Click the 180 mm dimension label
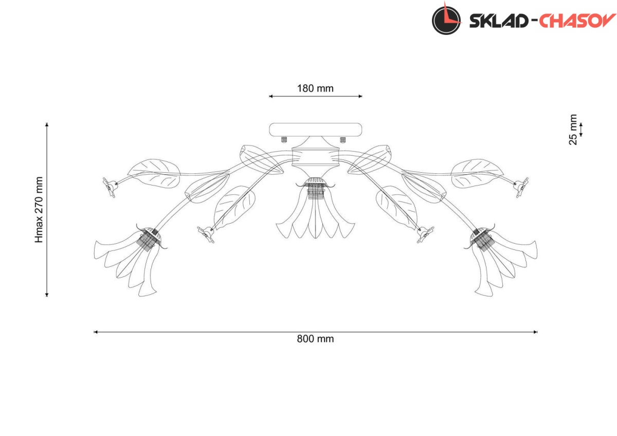[x=315, y=88]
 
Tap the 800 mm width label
[x=315, y=339]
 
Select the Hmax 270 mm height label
[x=39, y=210]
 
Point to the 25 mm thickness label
[x=573, y=130]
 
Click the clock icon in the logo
[x=446, y=20]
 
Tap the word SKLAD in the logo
[x=498, y=21]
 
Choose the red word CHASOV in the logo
[x=577, y=21]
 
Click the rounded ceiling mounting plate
[x=315, y=130]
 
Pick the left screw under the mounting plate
[x=284, y=140]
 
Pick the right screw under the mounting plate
[x=342, y=140]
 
